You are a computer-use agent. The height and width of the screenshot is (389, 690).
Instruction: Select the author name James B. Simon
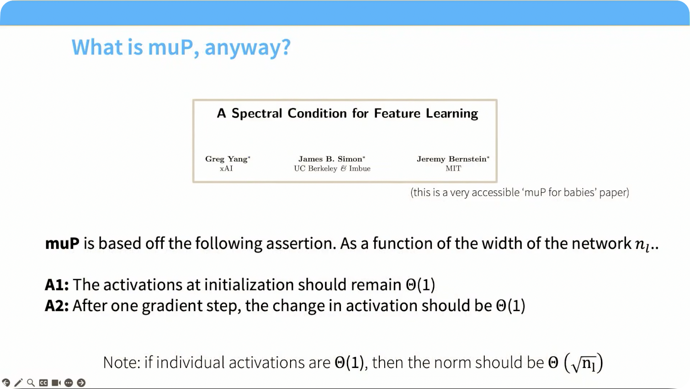click(x=332, y=159)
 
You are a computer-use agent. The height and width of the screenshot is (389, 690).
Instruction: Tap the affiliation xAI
click(x=226, y=168)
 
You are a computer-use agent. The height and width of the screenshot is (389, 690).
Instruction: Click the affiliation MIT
click(x=453, y=168)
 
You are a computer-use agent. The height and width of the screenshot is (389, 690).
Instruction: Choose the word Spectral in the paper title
click(x=257, y=113)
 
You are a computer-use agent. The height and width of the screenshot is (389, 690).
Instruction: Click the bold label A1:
click(x=57, y=284)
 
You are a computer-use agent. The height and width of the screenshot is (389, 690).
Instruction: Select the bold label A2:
click(x=57, y=306)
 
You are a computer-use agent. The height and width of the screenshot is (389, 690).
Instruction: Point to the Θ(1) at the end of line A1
click(x=420, y=284)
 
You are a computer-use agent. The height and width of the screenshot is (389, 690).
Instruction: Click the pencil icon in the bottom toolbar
click(x=18, y=383)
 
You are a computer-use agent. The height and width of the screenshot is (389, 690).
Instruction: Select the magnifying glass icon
click(x=31, y=383)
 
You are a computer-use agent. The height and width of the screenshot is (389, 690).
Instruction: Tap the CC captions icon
click(x=43, y=383)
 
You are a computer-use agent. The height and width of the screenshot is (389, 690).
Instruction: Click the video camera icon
click(x=56, y=383)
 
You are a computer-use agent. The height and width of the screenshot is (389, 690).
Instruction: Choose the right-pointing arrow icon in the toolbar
click(x=81, y=383)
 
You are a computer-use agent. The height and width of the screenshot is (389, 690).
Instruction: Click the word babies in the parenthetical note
click(x=580, y=193)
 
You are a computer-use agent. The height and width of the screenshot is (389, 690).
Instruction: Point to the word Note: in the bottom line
click(x=122, y=362)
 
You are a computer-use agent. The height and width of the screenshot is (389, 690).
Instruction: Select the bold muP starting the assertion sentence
click(x=62, y=244)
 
